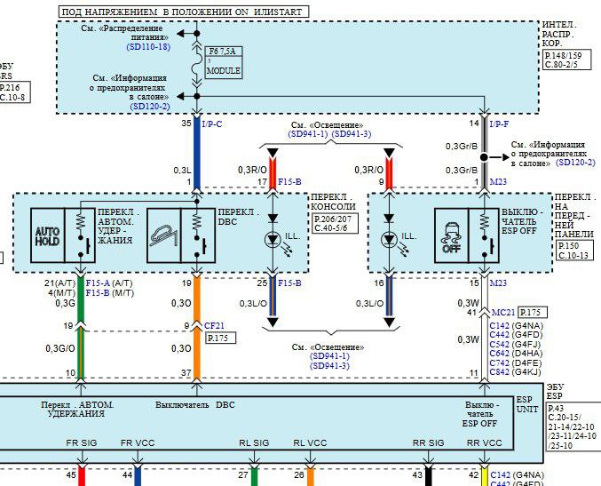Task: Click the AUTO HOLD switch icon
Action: [46, 235]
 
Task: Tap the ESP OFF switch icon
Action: [452, 235]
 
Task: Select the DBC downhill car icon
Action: [163, 235]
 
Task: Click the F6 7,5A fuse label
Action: [222, 52]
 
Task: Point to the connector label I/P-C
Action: [211, 123]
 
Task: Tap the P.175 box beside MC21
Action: [531, 312]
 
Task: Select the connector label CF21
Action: [215, 324]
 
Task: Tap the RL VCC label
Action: [311, 442]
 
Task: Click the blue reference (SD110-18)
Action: [148, 46]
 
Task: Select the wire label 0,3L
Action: [181, 169]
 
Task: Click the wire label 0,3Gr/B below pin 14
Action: [462, 145]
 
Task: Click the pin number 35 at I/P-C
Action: [186, 123]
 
